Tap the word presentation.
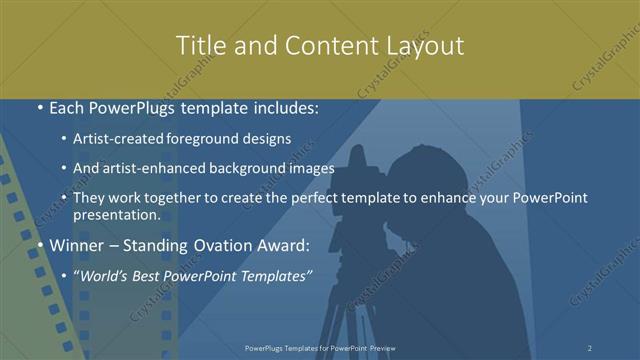pos(116,214)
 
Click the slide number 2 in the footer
pos(590,348)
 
